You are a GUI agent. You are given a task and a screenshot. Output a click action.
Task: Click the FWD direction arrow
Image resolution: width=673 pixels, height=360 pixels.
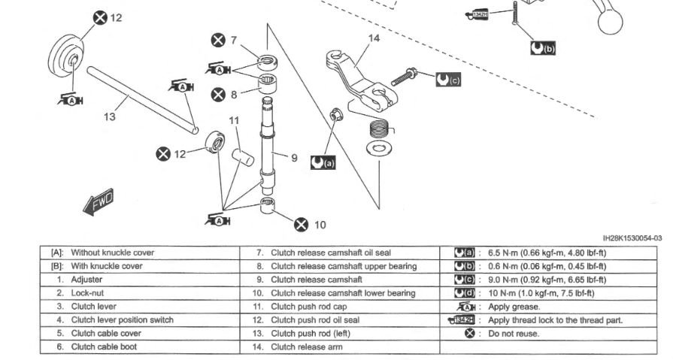tap(99, 201)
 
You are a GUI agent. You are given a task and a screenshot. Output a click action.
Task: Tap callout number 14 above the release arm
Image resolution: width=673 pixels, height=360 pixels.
tap(374, 38)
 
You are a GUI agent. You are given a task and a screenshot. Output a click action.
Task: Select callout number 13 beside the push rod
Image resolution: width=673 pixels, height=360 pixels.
tap(110, 116)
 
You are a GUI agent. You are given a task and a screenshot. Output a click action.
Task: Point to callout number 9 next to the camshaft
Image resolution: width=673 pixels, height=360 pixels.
tap(294, 158)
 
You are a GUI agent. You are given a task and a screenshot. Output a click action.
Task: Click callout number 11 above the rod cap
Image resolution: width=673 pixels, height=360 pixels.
tap(234, 120)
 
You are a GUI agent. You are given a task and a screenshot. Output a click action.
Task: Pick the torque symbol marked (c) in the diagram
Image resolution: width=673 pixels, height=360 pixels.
tap(448, 80)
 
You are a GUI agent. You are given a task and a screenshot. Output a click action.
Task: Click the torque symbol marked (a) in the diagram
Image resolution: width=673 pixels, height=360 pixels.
tap(323, 162)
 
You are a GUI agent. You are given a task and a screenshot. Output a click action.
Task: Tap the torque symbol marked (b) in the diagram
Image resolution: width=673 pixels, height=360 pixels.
tap(543, 48)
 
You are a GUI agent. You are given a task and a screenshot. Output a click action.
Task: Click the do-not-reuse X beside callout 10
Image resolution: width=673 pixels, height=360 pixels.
tap(302, 225)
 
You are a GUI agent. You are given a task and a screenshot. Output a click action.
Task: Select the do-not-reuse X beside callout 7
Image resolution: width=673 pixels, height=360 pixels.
tap(218, 40)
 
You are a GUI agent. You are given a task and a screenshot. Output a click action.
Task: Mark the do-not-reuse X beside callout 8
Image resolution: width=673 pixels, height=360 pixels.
tap(218, 95)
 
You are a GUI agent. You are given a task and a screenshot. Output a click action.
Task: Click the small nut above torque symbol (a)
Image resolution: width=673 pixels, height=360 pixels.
tap(335, 115)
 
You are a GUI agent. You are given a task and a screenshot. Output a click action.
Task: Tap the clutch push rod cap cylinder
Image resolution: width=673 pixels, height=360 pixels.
tap(243, 157)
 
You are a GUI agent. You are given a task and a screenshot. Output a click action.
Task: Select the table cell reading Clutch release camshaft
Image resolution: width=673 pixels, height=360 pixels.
tap(317, 280)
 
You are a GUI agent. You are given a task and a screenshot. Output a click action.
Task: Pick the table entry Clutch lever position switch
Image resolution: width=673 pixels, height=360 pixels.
tap(123, 320)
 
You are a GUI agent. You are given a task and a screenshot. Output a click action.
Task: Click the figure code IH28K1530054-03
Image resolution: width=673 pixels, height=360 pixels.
tap(632, 238)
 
